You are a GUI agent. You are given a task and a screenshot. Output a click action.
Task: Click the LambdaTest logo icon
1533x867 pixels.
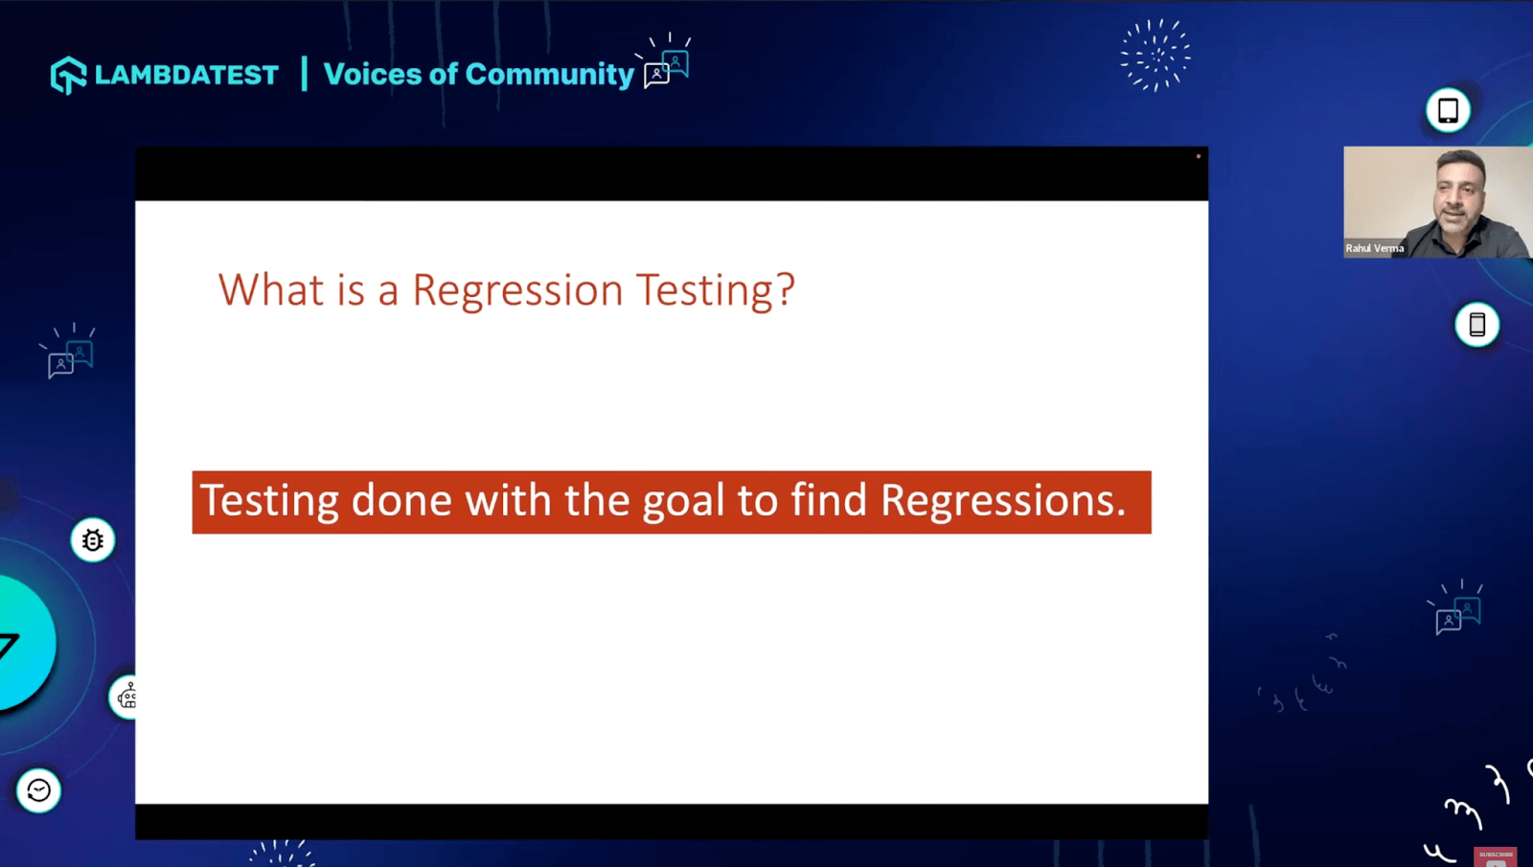point(68,75)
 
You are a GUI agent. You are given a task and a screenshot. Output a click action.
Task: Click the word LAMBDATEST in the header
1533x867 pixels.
point(187,75)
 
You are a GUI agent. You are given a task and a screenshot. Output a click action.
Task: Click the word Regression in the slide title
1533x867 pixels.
point(517,289)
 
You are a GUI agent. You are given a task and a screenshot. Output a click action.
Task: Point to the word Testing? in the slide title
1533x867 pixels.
point(716,289)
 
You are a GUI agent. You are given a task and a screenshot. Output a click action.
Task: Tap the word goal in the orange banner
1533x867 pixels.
point(682,501)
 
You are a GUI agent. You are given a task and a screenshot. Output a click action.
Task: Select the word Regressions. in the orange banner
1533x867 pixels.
point(1003,501)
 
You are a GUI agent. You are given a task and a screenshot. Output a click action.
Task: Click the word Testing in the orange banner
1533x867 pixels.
point(269,501)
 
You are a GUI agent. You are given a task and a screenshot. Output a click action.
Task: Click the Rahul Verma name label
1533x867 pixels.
point(1374,248)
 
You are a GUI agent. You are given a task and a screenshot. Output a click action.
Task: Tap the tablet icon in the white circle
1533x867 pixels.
point(1448,110)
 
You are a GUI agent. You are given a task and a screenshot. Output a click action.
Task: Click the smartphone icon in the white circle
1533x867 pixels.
point(1476,325)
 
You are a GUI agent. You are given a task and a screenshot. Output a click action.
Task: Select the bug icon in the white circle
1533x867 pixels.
point(93,540)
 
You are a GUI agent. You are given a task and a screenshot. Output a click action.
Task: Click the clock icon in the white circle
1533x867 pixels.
point(38,790)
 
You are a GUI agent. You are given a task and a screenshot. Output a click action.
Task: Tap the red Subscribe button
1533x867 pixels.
point(1495,856)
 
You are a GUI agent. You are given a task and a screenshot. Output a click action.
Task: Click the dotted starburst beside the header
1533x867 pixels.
point(1155,56)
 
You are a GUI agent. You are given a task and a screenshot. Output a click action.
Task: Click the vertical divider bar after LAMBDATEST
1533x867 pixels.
point(304,74)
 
